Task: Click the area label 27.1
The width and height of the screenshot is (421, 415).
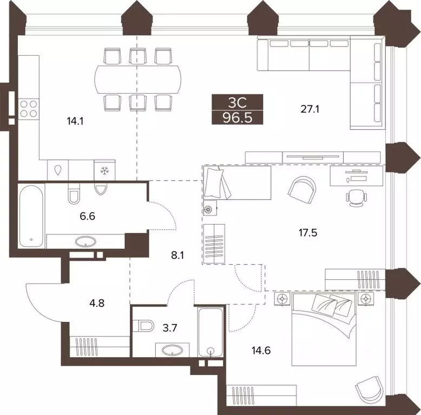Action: (310, 109)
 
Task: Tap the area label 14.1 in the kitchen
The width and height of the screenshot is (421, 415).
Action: (75, 121)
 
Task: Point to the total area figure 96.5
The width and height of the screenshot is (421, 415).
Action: (238, 117)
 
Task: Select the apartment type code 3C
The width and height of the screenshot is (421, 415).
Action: (237, 102)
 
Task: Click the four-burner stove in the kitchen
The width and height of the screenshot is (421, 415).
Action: (29, 108)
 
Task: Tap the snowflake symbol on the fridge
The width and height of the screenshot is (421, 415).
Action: (104, 170)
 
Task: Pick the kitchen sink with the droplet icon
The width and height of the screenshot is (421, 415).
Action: (58, 170)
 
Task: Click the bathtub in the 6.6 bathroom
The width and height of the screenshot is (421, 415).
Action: (31, 216)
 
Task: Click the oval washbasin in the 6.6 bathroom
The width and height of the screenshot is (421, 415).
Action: (85, 241)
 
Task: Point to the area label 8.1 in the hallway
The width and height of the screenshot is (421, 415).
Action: (177, 255)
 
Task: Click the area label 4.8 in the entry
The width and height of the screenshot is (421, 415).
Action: (97, 304)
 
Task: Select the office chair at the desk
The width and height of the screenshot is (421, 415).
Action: (356, 198)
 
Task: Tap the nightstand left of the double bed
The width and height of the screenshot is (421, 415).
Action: (282, 299)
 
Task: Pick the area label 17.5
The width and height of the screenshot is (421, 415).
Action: (308, 233)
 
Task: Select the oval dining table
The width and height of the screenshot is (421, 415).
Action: (138, 79)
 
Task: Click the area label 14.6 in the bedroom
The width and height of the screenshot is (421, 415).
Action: (261, 351)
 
